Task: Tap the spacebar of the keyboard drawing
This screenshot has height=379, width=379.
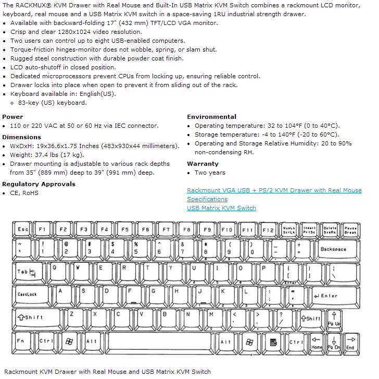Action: coord(163,341)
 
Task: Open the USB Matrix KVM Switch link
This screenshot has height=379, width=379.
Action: coord(221,208)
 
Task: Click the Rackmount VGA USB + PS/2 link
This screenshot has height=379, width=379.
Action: coord(274,190)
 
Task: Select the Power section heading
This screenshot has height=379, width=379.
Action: coord(12,117)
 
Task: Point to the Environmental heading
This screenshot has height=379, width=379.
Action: coord(211,117)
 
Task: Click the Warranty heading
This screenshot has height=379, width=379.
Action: coord(203,164)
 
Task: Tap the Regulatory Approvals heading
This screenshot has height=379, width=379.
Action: coord(39,184)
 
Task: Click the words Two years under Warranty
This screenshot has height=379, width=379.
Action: coord(210,173)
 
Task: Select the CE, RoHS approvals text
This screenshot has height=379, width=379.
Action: coord(24,193)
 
